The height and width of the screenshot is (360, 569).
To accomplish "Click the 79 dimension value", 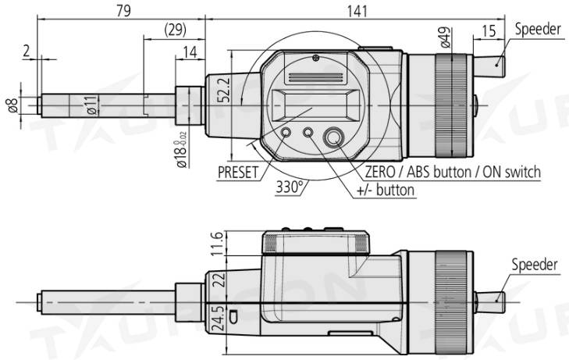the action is (x=123, y=10).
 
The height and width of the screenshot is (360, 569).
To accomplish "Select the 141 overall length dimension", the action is (x=357, y=11).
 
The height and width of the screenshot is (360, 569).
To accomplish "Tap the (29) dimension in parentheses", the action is (x=176, y=30).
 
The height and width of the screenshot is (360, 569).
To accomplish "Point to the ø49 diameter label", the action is (x=446, y=37).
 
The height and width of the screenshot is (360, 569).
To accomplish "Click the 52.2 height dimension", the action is (x=224, y=89).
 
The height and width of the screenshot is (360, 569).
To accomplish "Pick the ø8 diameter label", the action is (x=12, y=105).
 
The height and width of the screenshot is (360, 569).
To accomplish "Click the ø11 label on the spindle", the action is (x=92, y=105).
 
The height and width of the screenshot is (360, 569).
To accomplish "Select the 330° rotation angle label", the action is (x=290, y=187).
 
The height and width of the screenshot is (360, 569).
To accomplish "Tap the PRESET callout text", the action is (x=238, y=173).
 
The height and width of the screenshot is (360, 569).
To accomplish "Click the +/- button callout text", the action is (x=386, y=191).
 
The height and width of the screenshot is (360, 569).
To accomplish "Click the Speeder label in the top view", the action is (x=538, y=30).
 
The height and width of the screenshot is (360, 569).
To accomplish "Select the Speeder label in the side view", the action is (x=535, y=265).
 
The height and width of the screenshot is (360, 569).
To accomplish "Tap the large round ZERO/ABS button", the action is (x=334, y=137).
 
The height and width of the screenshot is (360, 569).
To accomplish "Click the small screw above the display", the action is (x=315, y=57).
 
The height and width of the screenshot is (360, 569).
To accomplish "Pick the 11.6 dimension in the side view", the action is (x=217, y=244).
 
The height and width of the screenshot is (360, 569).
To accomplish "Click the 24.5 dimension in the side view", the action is (x=218, y=319).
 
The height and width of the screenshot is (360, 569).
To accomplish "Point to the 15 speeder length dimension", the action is (x=489, y=31).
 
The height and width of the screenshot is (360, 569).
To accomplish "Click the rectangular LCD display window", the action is (x=314, y=105).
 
